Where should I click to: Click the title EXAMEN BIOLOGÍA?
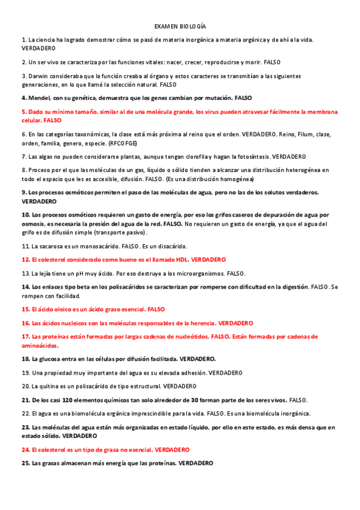tap(180, 26)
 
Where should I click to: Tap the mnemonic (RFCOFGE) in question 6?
tap(140, 143)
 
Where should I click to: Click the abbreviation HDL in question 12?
tap(180, 259)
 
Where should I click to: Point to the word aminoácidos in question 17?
tap(40, 346)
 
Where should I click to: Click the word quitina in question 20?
tap(49, 386)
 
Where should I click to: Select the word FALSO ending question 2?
tap(272, 62)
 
